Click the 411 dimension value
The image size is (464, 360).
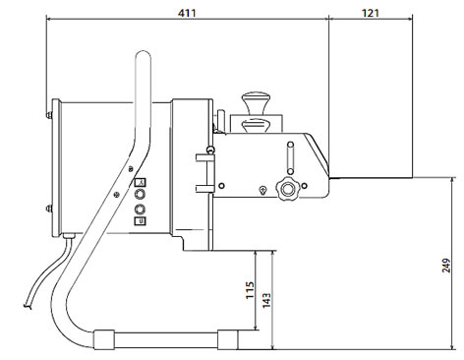point(187,13)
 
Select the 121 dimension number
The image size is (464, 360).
point(371,13)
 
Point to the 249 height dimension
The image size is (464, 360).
point(446,266)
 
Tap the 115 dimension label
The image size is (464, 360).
point(250,290)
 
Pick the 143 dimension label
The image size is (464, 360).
point(266,300)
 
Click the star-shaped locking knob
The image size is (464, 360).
point(288,188)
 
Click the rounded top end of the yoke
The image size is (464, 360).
point(143,56)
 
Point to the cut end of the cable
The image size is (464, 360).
point(28,307)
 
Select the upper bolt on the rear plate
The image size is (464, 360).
point(49,114)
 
